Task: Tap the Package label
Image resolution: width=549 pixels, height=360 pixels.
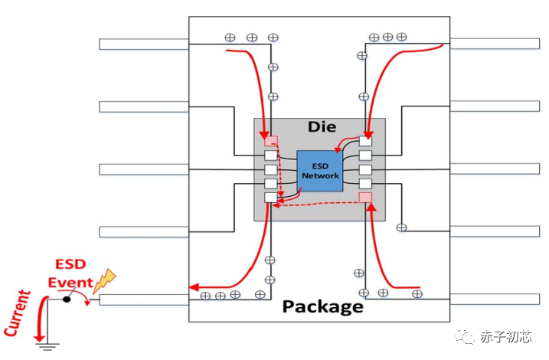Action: point(322,306)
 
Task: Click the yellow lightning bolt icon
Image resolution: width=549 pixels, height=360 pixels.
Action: point(103,280)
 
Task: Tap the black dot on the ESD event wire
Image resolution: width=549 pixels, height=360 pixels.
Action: point(67,299)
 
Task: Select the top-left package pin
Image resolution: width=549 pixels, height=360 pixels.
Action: point(143,44)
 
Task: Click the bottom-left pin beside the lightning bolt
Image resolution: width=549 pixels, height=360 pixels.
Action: point(143,299)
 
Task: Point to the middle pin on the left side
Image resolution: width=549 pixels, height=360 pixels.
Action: point(143,169)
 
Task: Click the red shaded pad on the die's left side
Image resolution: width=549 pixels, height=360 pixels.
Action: point(271,141)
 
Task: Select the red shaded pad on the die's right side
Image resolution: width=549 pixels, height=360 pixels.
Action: point(366,198)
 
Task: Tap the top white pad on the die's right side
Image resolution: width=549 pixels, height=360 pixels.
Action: point(366,141)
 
